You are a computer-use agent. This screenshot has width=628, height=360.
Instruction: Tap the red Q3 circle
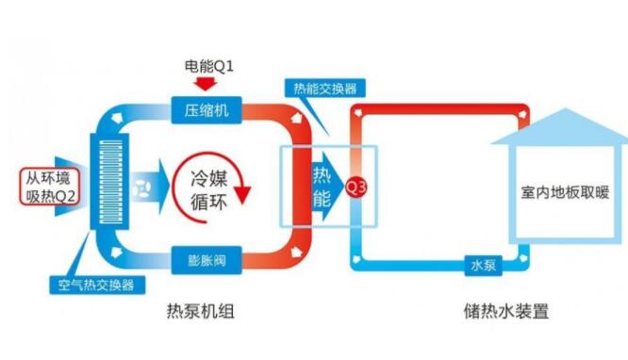pyautogui.click(x=355, y=186)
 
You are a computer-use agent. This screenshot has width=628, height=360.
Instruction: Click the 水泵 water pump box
pyautogui.click(x=482, y=266)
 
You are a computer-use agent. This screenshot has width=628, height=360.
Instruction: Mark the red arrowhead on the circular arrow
pyautogui.click(x=243, y=193)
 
